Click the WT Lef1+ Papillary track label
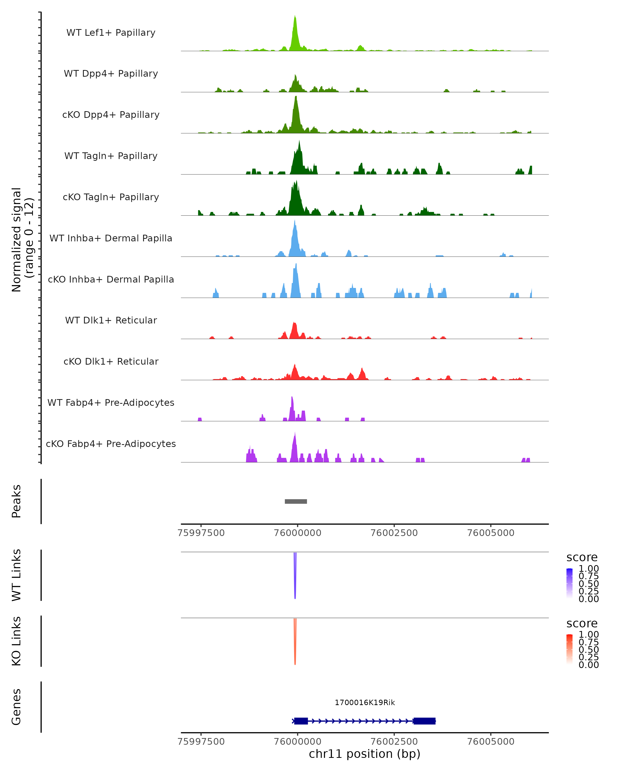tap(111, 33)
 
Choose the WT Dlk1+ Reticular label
tap(111, 320)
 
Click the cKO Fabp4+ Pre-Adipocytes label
tap(111, 444)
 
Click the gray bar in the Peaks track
tap(296, 501)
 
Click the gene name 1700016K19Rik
tap(365, 703)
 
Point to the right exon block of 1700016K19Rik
tap(424, 721)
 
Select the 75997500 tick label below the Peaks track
tap(201, 533)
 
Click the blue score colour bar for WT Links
tap(569, 583)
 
